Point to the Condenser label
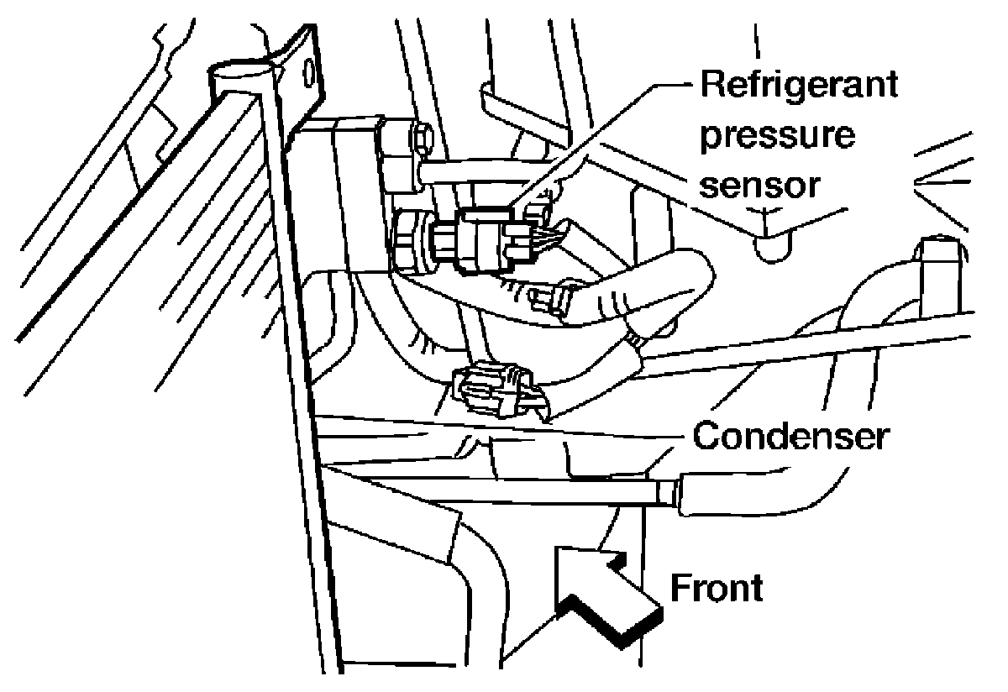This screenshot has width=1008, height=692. tap(790, 437)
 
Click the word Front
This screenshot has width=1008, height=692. tap(717, 588)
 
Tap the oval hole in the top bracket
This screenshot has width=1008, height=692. tap(311, 74)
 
